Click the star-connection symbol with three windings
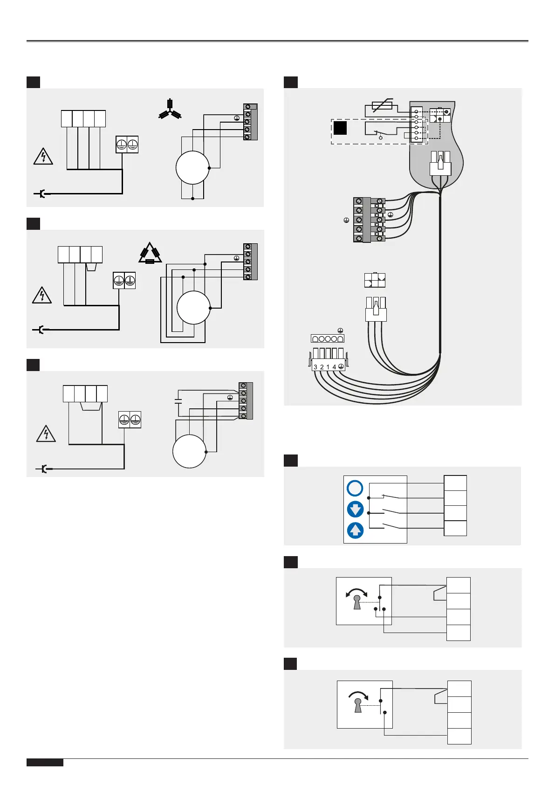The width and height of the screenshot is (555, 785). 170,110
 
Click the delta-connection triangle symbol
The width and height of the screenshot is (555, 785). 150,254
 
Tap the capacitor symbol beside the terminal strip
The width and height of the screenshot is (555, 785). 178,400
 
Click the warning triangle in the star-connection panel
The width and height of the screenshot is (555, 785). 43,157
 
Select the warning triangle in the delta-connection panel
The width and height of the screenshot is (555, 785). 42,296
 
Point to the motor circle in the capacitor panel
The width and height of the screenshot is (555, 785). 189,451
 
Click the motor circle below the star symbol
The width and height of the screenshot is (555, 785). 192,168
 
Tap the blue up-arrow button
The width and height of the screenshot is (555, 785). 355,530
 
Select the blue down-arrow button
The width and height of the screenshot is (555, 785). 355,509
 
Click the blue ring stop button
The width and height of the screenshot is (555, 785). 355,488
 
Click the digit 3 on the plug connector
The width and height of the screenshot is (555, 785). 315,367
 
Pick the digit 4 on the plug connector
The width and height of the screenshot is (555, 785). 334,367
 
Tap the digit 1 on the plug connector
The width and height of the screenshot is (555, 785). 328,367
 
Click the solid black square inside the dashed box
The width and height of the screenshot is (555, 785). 340,128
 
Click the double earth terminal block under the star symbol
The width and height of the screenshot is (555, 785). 127,145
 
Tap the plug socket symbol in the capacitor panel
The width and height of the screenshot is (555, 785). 42,468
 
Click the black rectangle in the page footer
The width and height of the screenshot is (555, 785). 45,763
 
